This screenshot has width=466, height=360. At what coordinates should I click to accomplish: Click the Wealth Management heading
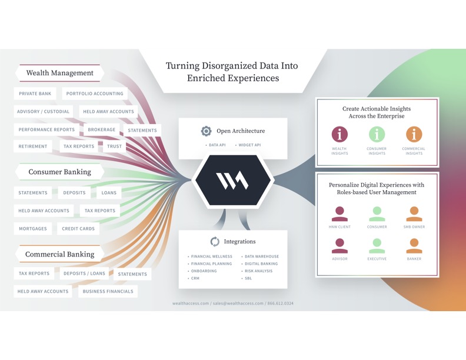pyautogui.click(x=60, y=73)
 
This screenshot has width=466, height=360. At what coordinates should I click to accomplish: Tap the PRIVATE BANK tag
pyautogui.click(x=35, y=94)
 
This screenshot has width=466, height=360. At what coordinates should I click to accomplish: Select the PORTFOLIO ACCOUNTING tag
pyautogui.click(x=95, y=94)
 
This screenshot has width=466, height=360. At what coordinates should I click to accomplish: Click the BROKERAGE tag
pyautogui.click(x=102, y=129)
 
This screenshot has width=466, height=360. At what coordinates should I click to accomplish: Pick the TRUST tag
pyautogui.click(x=114, y=146)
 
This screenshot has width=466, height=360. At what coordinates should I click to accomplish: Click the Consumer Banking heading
pyautogui.click(x=60, y=172)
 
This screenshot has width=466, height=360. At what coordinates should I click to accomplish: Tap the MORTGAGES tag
pyautogui.click(x=33, y=229)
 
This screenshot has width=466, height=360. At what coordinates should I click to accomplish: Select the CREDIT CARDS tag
pyautogui.click(x=78, y=229)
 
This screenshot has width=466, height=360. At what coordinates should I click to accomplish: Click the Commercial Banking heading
pyautogui.click(x=60, y=254)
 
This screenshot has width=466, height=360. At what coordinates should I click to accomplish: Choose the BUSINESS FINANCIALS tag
pyautogui.click(x=108, y=291)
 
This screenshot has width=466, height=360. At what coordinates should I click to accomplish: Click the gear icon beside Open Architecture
pyautogui.click(x=207, y=131)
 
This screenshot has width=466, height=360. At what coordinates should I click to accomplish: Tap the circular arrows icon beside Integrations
pyautogui.click(x=215, y=242)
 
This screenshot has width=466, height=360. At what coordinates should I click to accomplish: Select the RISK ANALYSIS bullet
pyautogui.click(x=257, y=271)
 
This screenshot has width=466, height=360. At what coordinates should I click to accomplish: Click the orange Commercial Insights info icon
pyautogui.click(x=414, y=134)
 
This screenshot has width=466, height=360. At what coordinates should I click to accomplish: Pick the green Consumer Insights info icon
pyautogui.click(x=377, y=134)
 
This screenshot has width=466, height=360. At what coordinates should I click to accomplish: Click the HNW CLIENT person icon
pyautogui.click(x=339, y=214)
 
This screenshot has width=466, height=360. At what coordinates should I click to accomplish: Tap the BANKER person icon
pyautogui.click(x=414, y=246)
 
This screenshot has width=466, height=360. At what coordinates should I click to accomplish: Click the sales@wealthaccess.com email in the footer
pyautogui.click(x=238, y=304)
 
